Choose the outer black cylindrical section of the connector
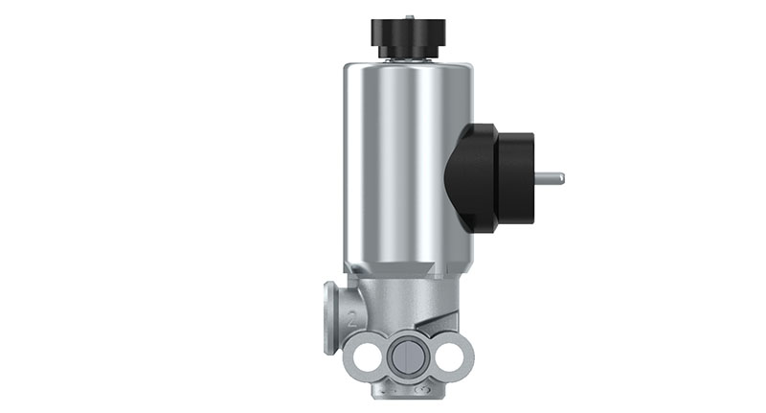click(x=516, y=177)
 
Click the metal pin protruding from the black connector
click(x=549, y=177)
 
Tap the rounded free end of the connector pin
click(x=562, y=177)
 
